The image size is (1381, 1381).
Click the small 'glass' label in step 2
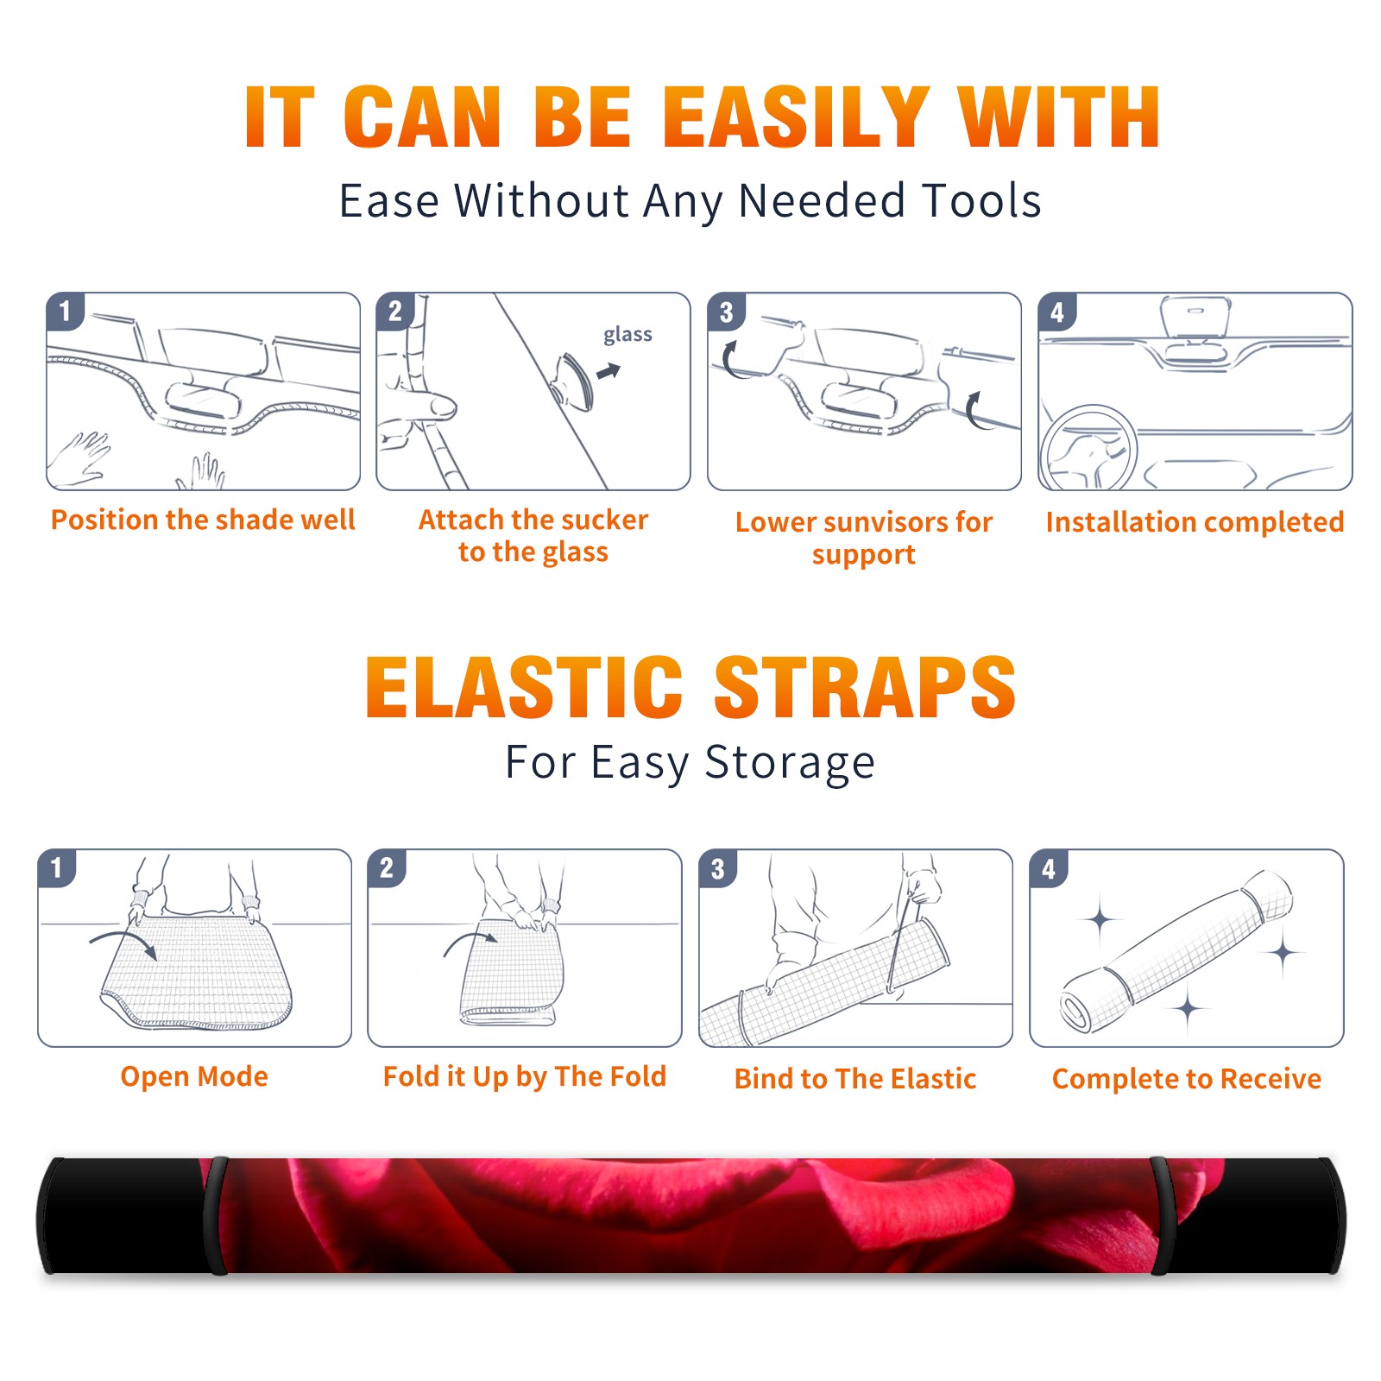coord(627,335)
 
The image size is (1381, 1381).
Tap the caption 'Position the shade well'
coord(203,520)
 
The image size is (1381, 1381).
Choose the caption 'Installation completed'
coord(1195,521)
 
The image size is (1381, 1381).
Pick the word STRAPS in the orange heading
coord(865,687)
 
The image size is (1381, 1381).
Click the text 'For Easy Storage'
coord(690,762)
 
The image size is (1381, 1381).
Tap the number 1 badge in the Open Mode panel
coord(57,868)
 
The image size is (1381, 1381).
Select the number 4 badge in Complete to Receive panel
coord(1049,868)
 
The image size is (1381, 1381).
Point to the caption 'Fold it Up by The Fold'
coord(525,1076)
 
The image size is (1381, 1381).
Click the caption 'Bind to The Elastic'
coord(855,1079)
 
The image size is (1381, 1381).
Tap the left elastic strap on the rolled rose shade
coord(216,1215)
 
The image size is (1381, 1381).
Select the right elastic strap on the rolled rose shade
coord(1163,1215)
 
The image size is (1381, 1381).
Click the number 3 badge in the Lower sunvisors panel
coord(726,312)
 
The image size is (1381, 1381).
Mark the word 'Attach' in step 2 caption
coord(462,520)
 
